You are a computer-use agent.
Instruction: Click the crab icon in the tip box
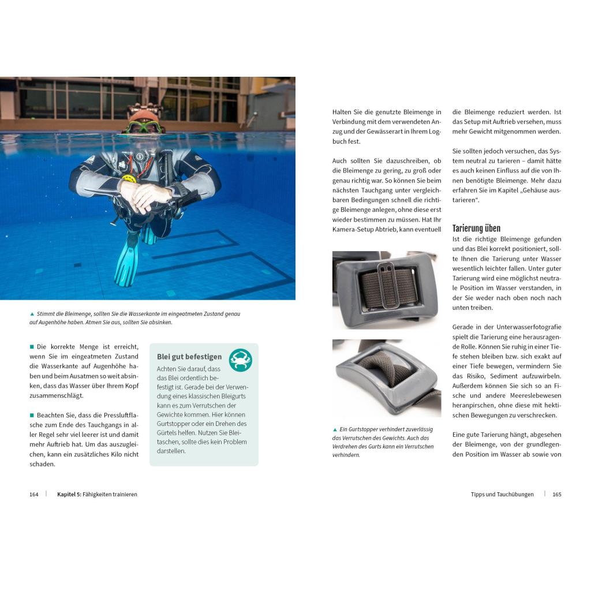(x=240, y=360)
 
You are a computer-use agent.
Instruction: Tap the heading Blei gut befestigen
(x=189, y=357)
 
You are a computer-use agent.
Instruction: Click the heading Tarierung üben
(x=476, y=229)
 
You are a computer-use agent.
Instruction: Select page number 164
(x=34, y=495)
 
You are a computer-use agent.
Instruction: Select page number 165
(x=556, y=495)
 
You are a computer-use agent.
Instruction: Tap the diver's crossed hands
(x=145, y=194)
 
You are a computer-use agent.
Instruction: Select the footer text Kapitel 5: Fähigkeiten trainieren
(x=97, y=495)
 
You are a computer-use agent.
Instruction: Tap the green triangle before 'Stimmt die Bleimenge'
(x=32, y=314)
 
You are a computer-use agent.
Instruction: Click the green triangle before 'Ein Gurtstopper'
(x=335, y=429)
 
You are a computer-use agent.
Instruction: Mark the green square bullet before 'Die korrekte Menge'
(x=32, y=347)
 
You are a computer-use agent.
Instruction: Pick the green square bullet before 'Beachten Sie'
(x=32, y=415)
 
